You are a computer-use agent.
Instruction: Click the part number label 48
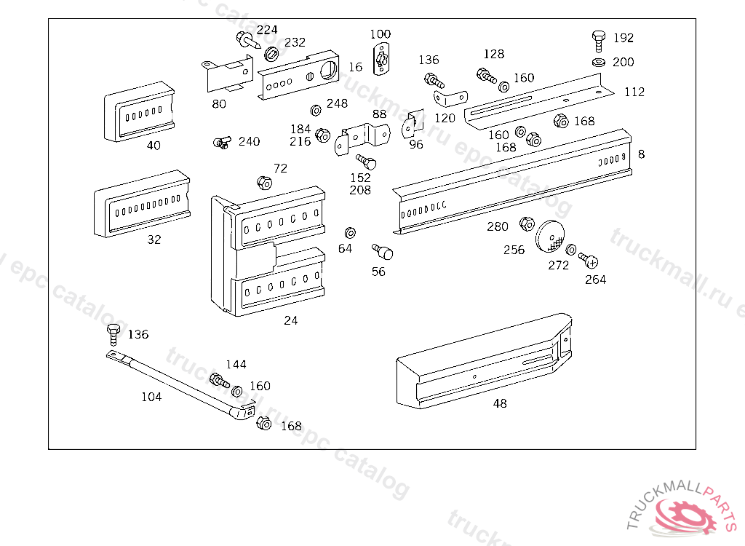tap(500, 403)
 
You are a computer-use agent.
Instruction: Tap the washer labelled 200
tap(599, 63)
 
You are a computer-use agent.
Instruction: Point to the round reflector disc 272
tap(552, 237)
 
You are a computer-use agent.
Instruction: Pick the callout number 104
tap(151, 397)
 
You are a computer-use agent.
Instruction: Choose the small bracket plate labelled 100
tap(381, 58)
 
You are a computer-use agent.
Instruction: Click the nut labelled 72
tap(263, 182)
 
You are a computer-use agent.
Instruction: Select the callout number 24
tap(291, 320)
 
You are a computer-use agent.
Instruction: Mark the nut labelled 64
tap(349, 232)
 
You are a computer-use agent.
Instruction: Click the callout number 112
tap(634, 92)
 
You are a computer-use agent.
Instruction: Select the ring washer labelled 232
tap(272, 53)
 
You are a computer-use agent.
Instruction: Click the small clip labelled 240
tap(222, 142)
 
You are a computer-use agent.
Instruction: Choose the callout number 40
tap(154, 145)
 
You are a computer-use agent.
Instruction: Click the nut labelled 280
tap(527, 223)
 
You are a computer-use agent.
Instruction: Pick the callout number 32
tap(154, 240)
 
